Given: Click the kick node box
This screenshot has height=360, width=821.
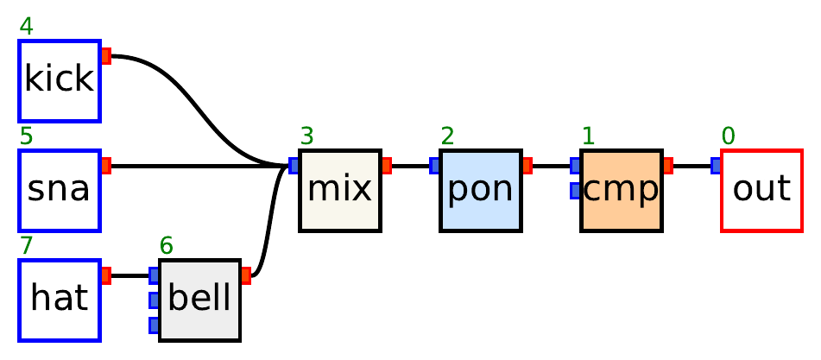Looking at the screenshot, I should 60,80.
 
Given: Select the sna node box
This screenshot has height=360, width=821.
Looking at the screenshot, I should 60,190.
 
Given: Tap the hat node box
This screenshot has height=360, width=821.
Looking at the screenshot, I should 60,300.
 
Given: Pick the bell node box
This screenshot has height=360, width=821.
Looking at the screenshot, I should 199,300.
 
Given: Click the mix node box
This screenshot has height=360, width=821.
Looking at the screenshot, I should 340,190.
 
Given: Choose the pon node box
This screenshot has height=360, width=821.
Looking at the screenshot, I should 481,190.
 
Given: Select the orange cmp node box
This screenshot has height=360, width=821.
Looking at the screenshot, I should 622,190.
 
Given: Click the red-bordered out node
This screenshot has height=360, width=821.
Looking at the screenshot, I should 761,190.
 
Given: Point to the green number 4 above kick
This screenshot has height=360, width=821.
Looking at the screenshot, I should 27,27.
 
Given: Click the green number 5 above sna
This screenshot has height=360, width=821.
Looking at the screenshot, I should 27,136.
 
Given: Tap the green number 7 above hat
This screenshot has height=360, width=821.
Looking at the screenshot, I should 27,246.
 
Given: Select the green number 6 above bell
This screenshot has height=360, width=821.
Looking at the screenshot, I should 167,246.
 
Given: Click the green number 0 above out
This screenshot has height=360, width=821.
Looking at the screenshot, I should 729,136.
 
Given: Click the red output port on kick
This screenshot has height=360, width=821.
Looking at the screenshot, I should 106,56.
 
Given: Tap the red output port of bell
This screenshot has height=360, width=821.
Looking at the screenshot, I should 246,275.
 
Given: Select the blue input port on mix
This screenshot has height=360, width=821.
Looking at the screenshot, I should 294,166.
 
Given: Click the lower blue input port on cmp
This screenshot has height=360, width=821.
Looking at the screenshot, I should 576,191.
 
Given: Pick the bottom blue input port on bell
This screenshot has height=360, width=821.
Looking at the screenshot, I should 155,325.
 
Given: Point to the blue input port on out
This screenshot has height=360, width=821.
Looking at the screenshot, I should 717,166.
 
